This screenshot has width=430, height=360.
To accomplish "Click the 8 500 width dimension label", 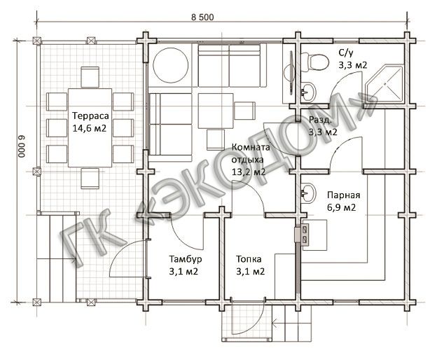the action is click(x=202, y=18).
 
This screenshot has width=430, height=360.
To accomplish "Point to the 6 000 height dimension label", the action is click(x=22, y=146).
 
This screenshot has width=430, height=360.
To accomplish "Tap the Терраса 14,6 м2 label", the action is click(x=90, y=122).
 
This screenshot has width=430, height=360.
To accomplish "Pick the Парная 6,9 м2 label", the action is click(x=343, y=201).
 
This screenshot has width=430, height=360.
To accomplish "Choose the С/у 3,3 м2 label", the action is click(x=352, y=60).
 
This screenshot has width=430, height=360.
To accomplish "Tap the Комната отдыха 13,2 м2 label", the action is click(x=250, y=159).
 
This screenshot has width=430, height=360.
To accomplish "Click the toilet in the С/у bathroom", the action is click(x=314, y=62).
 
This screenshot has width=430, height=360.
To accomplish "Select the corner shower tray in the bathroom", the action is click(x=385, y=83).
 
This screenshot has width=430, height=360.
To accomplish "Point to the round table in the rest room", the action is click(x=171, y=65).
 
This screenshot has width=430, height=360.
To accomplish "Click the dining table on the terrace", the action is click(x=90, y=127).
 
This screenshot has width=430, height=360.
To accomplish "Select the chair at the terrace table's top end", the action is click(x=90, y=77).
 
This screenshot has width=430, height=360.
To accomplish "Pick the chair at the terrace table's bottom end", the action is click(x=90, y=179).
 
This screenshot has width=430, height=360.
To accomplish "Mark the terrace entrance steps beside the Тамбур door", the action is click(x=56, y=258).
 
